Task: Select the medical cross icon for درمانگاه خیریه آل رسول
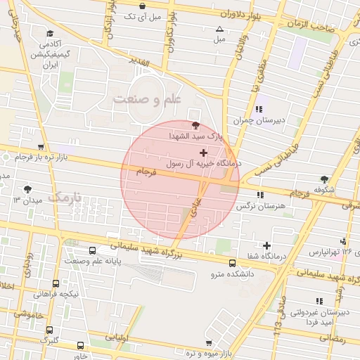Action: tap(204, 153)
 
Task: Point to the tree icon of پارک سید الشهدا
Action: tap(195, 124)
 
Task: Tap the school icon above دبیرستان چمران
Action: tap(259, 109)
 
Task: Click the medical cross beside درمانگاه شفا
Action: tap(266, 246)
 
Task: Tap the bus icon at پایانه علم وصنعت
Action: tap(93, 250)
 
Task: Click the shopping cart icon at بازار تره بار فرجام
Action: tap(41, 147)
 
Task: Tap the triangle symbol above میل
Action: tap(219, 29)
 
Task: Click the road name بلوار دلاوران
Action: tap(248, 13)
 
